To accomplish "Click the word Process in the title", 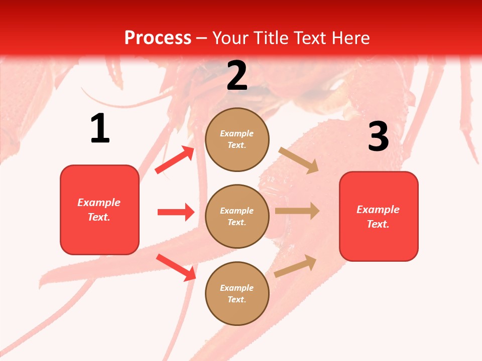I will pyautogui.click(x=158, y=38).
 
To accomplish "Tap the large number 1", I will pyautogui.click(x=100, y=128).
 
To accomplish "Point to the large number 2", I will pyautogui.click(x=237, y=76).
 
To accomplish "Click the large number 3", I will pyautogui.click(x=378, y=137).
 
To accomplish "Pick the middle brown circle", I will pyautogui.click(x=237, y=216).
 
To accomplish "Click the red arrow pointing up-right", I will pyautogui.click(x=175, y=160).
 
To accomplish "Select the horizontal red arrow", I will pyautogui.click(x=176, y=212).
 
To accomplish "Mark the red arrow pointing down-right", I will pyautogui.click(x=176, y=267).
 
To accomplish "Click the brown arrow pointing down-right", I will pyautogui.click(x=298, y=160).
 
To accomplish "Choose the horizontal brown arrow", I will pyautogui.click(x=297, y=211).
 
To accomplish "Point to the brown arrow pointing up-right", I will pyautogui.click(x=295, y=266).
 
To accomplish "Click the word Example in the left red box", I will pyautogui.click(x=99, y=203).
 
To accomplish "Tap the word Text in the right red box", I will pyautogui.click(x=377, y=224).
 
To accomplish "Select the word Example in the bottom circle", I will pyautogui.click(x=236, y=288).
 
